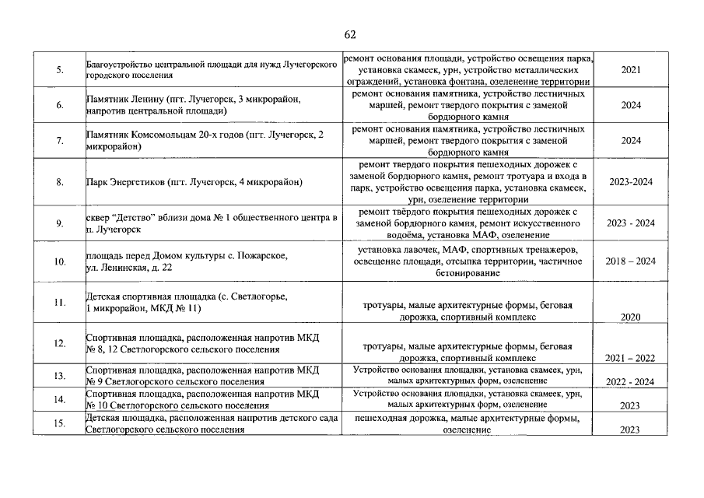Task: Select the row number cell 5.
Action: (x=60, y=70)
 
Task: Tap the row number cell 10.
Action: (x=60, y=262)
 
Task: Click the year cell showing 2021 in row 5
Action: (x=631, y=70)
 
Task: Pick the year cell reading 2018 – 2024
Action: (x=631, y=261)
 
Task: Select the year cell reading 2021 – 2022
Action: (x=631, y=358)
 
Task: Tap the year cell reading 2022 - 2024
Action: (x=631, y=381)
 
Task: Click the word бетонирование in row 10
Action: (x=468, y=273)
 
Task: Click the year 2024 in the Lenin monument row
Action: (x=631, y=105)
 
